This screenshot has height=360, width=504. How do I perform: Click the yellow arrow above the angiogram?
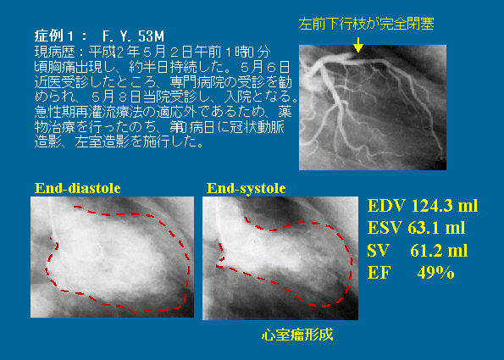[357, 45]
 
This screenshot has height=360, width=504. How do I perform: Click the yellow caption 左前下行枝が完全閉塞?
[367, 24]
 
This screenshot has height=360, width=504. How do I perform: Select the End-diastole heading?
[77, 188]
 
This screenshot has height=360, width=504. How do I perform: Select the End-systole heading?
[246, 188]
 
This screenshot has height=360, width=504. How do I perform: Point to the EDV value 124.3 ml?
[445, 206]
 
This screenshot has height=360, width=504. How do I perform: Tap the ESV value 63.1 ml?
[436, 228]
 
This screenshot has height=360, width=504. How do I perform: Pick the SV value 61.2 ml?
[439, 251]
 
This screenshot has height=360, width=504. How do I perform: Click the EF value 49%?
[435, 273]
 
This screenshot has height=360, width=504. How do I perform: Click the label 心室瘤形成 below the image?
[297, 335]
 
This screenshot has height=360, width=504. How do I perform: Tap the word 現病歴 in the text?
[55, 52]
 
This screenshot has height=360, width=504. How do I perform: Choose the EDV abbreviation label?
[386, 206]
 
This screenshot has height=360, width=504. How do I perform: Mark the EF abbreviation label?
[379, 273]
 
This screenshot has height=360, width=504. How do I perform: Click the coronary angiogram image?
[373, 108]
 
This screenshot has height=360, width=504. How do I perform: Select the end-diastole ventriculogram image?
[112, 258]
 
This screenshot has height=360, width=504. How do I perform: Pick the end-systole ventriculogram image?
[280, 258]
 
